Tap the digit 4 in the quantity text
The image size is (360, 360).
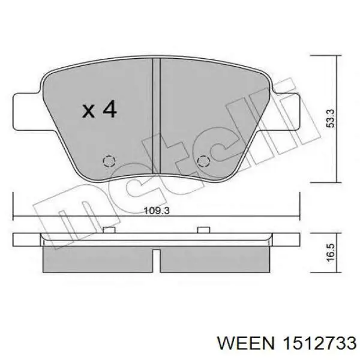109,110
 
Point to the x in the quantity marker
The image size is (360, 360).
89,111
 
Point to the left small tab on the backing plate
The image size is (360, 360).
109,230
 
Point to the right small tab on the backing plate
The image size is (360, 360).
203,230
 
